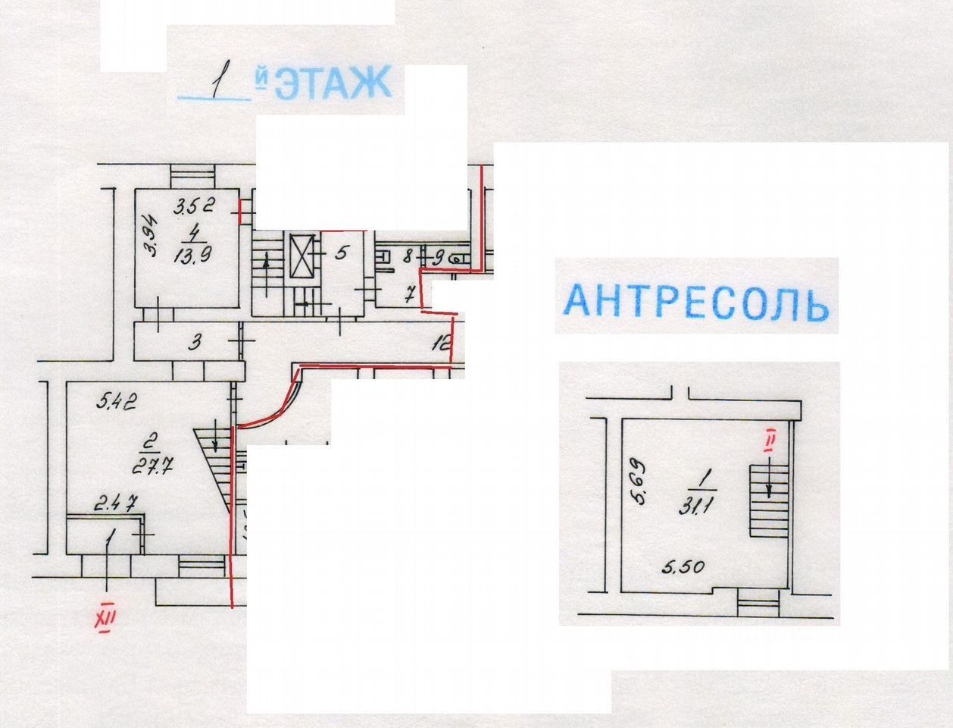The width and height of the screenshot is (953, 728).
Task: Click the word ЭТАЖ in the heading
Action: pyautogui.click(x=333, y=83)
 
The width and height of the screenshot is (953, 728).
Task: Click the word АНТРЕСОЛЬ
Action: pyautogui.click(x=696, y=301)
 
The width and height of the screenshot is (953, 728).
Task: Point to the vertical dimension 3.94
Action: pyautogui.click(x=151, y=237)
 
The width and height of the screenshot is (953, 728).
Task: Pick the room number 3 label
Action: pyautogui.click(x=195, y=343)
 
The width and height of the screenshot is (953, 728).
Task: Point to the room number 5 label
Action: pyautogui.click(x=341, y=252)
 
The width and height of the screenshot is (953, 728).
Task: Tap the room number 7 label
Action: pyautogui.click(x=410, y=293)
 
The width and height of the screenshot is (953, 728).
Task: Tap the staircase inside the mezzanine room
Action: pyautogui.click(x=768, y=500)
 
